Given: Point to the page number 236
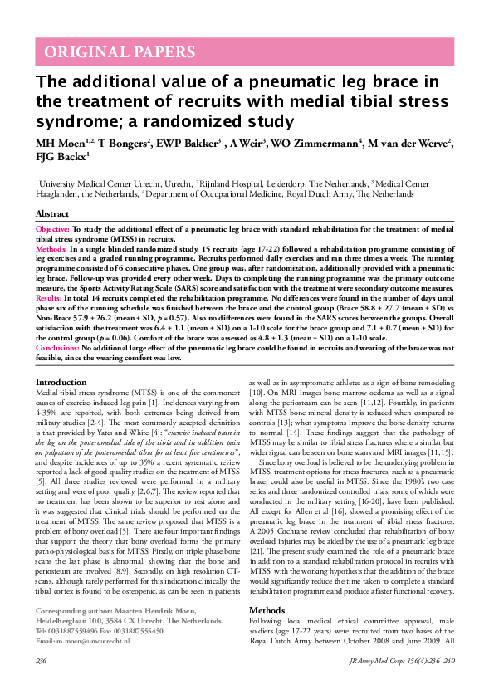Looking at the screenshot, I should tap(41, 683).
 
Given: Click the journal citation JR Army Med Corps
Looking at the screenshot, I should tap(374, 683).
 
